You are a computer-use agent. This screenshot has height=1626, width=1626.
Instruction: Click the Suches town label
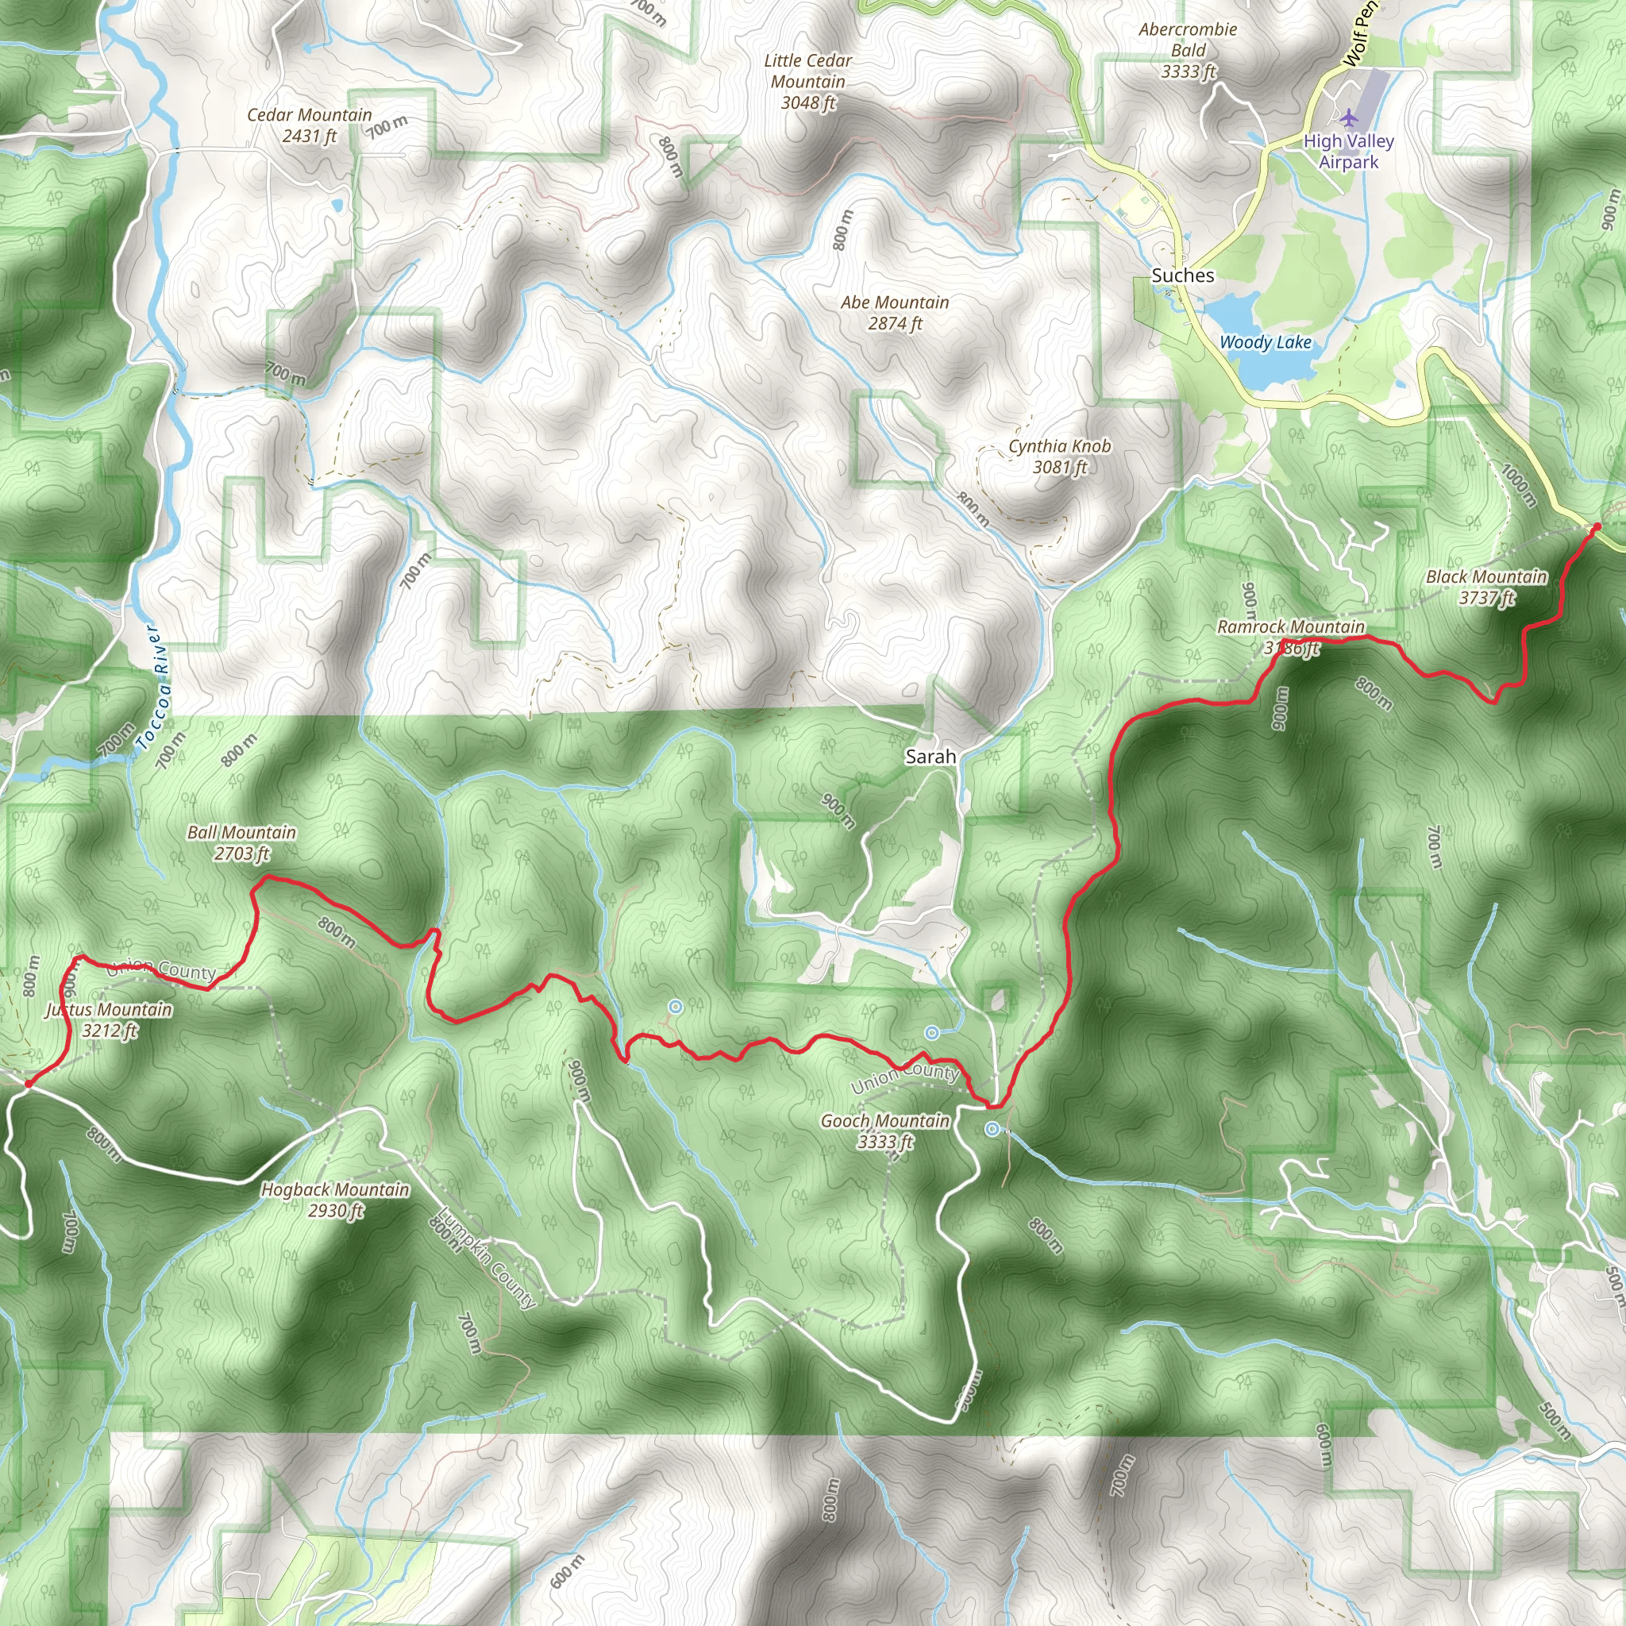(1182, 275)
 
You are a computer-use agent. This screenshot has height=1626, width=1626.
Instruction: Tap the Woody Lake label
(1265, 341)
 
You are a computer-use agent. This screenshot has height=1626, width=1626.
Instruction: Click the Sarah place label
(930, 757)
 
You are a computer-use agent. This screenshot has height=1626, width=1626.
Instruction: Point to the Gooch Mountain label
(884, 1131)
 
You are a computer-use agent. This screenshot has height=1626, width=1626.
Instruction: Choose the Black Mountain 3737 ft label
(1486, 587)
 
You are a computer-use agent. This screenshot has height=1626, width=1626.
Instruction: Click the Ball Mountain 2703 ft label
(241, 842)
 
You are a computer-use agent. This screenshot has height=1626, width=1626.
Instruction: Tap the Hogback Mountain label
(335, 1200)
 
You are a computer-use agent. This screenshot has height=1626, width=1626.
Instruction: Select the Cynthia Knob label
(1060, 457)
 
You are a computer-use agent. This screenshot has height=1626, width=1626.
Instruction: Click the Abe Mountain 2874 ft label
(895, 312)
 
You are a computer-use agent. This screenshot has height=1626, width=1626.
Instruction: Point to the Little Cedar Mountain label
(808, 82)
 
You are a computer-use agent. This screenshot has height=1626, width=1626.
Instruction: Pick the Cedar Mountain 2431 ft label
(309, 125)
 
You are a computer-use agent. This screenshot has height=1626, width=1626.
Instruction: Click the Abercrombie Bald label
(1188, 51)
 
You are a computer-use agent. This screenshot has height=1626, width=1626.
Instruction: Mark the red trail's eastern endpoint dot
(1597, 527)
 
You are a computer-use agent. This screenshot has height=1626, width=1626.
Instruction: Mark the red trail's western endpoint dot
(28, 1084)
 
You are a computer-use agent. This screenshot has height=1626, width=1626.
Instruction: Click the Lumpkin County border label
(487, 1260)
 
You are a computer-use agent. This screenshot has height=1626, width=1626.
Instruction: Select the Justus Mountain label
(110, 1019)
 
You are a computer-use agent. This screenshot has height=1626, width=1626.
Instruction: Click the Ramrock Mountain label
(1290, 636)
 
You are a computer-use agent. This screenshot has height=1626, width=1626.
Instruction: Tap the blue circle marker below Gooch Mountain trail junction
(992, 1130)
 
